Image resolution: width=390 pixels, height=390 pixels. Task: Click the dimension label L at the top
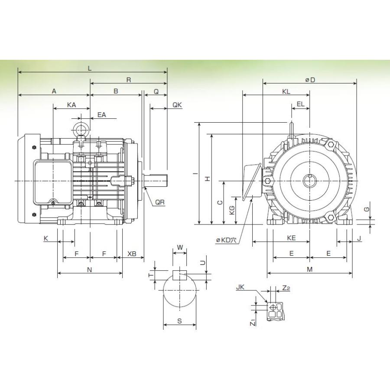pos(89,68)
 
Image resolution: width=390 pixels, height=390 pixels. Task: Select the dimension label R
pos(129,80)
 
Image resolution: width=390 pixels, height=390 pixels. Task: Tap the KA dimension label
pos(71,104)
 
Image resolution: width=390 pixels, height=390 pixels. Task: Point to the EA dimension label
pos(102,115)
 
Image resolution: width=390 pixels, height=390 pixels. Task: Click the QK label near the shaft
pos(177,105)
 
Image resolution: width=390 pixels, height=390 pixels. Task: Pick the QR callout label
pos(160,202)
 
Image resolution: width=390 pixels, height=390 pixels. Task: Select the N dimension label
pos(90,270)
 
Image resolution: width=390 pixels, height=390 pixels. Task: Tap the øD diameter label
pos(309,80)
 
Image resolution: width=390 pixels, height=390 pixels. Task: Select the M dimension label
pos(309,270)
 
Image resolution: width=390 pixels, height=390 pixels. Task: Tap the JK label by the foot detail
pos(240,287)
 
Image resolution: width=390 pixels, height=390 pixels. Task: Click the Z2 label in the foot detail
pos(286,288)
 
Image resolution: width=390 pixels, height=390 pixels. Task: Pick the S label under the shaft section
pos(179,322)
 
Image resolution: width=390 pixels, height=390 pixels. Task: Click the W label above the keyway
pos(180,248)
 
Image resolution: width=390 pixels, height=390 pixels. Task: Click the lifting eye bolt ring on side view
pos(80,130)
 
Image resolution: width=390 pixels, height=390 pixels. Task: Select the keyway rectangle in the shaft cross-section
pos(179,274)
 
